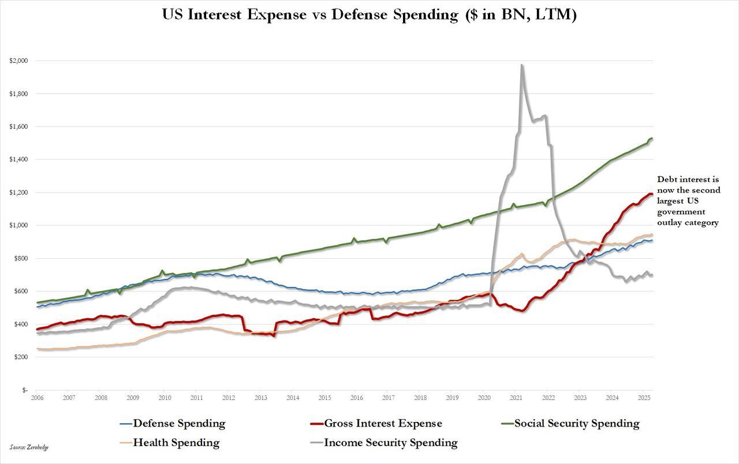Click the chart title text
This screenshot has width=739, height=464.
click(369, 15)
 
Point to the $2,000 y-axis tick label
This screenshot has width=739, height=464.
click(18, 61)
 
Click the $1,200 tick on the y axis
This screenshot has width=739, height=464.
click(18, 193)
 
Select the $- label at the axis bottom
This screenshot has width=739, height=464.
click(24, 390)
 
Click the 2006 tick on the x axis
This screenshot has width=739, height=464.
click(38, 398)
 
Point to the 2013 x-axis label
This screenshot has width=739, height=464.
click(261, 398)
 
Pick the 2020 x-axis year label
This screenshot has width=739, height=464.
click(484, 398)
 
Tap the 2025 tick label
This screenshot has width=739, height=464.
click(644, 398)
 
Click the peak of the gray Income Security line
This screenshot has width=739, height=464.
click(522, 65)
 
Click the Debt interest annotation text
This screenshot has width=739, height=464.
click(688, 201)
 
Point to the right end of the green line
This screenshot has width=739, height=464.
click(652, 138)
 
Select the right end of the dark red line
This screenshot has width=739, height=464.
click(652, 194)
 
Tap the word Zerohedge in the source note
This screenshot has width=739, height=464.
click(36, 447)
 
